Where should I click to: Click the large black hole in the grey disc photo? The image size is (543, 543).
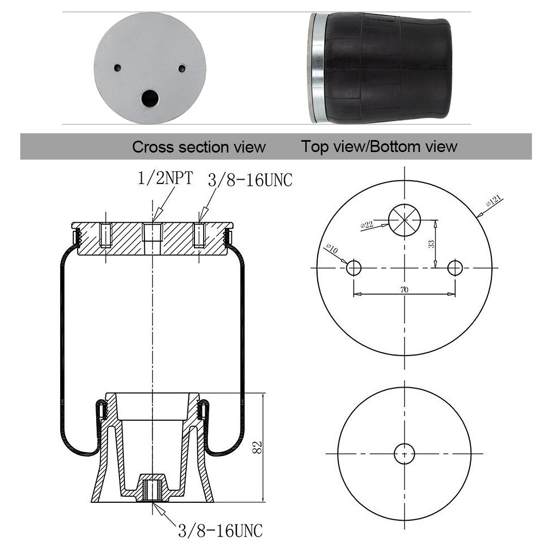[149, 99]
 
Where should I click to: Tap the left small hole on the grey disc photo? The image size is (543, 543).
[117, 68]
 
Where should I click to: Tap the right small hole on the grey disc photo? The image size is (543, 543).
[182, 68]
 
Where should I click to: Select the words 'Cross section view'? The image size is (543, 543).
[199, 147]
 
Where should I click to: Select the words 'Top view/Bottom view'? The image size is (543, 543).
[380, 147]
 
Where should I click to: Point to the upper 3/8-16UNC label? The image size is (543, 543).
[249, 180]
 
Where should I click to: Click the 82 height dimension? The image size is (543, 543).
[258, 447]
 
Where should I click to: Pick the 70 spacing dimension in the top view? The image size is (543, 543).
[404, 290]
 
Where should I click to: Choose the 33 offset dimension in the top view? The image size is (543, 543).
[431, 244]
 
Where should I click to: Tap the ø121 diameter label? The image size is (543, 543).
[494, 202]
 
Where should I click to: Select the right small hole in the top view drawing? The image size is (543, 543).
[455, 268]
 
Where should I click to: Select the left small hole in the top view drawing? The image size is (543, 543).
[354, 268]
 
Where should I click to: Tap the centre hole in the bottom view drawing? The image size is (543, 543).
[404, 453]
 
